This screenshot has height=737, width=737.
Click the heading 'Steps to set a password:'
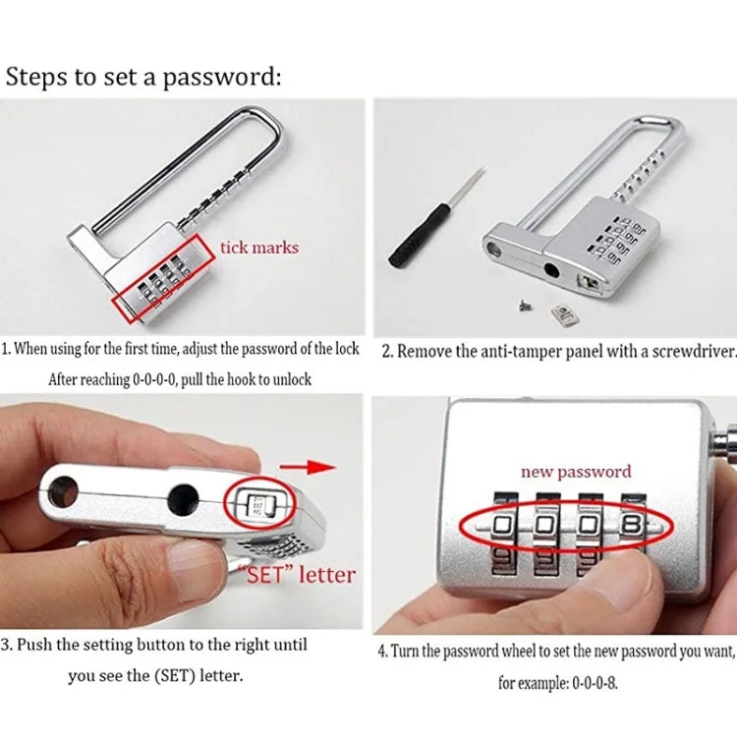[x=143, y=77]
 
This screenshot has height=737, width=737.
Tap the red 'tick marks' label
[x=259, y=247]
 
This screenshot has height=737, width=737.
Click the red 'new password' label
[x=576, y=472]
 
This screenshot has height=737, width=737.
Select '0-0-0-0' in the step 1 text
[x=156, y=379]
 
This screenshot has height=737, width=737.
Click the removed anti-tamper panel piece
[x=562, y=314]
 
